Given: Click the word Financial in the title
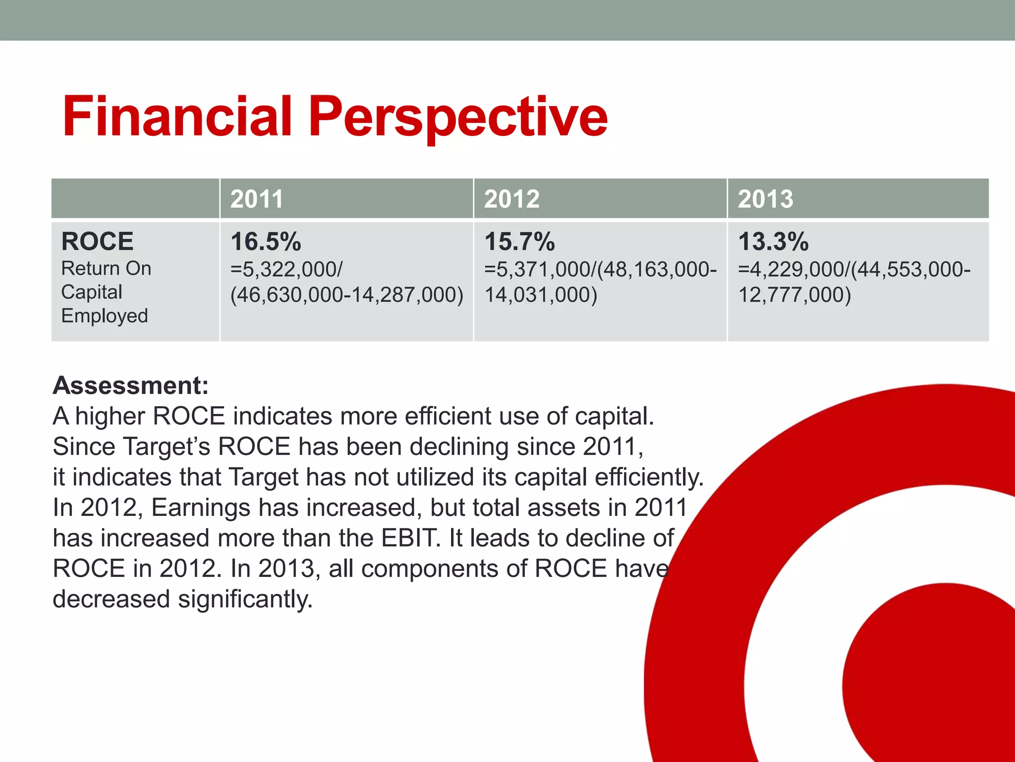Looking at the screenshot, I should pos(177,117).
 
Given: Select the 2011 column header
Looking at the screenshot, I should pos(257,199).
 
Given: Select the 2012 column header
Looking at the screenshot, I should pos(511,199).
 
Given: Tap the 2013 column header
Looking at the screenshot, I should pos(765,199).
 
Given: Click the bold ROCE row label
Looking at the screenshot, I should pos(97,242).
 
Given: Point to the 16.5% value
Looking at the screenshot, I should pos(266,242).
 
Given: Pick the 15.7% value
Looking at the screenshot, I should pos(519,242).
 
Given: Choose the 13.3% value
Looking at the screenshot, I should pos(773,242).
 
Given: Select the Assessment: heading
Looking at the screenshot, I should pos(131,385).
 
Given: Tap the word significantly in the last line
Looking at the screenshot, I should pos(245,599).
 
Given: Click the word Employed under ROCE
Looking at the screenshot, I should pos(105,316).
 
